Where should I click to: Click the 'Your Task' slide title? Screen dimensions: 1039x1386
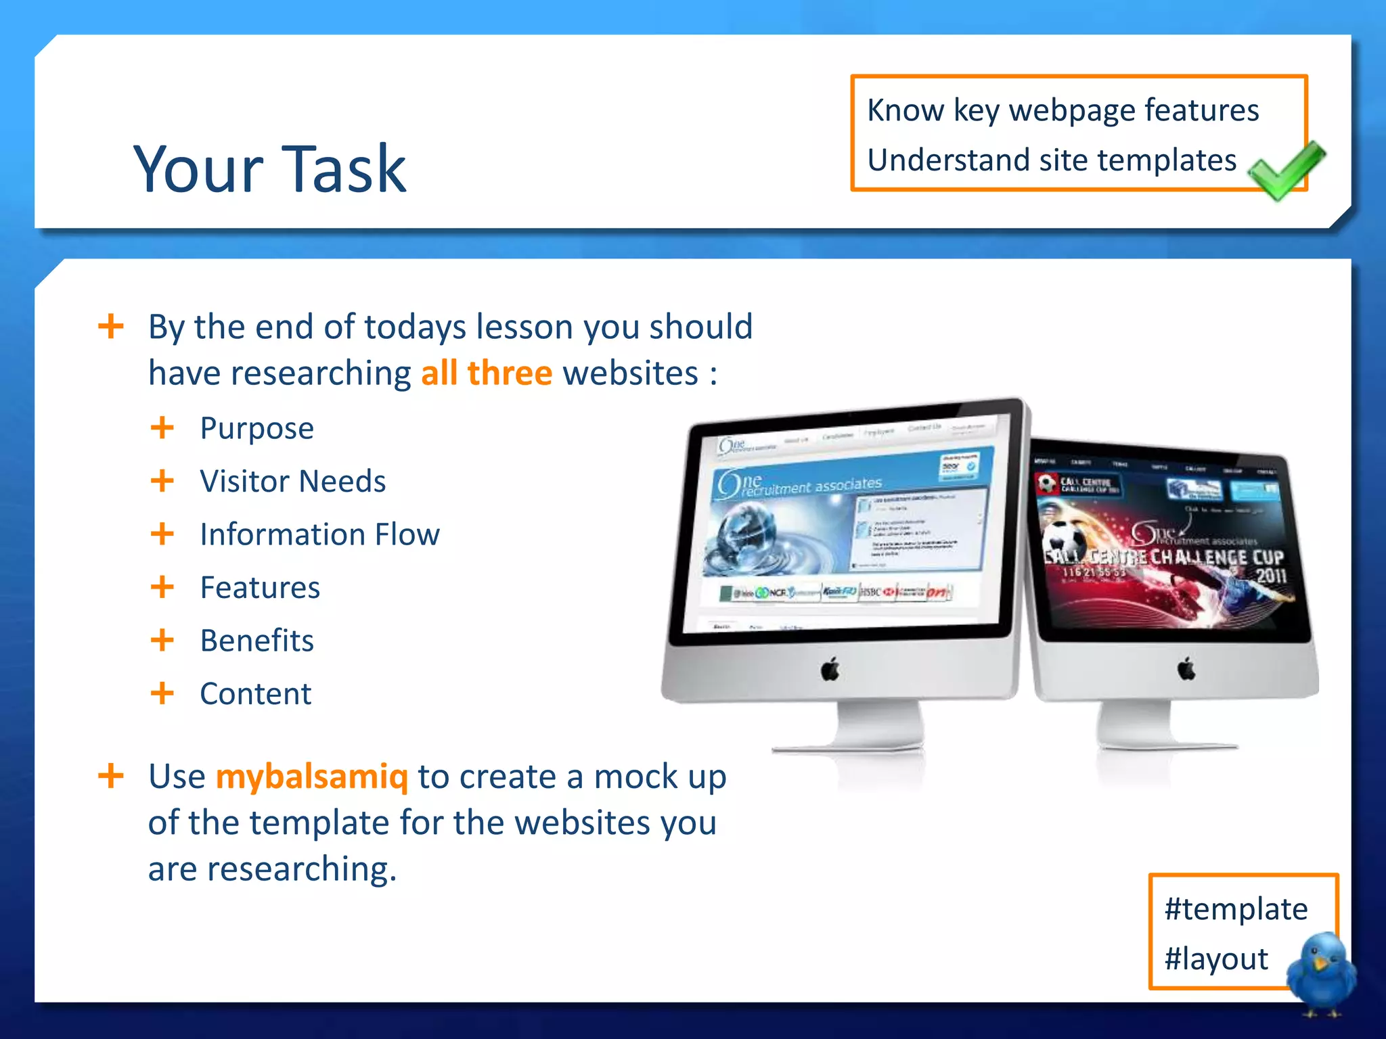coord(269,169)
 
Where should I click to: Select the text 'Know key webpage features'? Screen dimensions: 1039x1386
coord(1063,110)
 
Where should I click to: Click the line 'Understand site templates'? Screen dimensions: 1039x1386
coord(1052,161)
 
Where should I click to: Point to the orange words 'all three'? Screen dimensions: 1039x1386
coord(486,373)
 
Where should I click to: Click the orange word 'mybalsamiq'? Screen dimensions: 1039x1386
coord(312,777)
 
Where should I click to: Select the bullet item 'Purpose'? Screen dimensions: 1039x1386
coord(256,429)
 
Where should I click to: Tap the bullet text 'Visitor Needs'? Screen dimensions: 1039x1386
coord(292,482)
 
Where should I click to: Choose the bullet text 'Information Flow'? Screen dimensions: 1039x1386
coord(319,535)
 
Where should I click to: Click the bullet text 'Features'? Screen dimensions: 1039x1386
coord(260,588)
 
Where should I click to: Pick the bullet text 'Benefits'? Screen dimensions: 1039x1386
coord(256,641)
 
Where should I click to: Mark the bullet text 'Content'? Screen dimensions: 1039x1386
coord(255,694)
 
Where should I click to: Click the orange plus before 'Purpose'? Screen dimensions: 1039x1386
coord(162,428)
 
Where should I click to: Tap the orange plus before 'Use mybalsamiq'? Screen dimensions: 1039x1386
coord(110,776)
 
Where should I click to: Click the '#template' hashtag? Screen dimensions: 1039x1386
coord(1236,909)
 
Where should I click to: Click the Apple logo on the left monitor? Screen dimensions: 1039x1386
coord(830,670)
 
